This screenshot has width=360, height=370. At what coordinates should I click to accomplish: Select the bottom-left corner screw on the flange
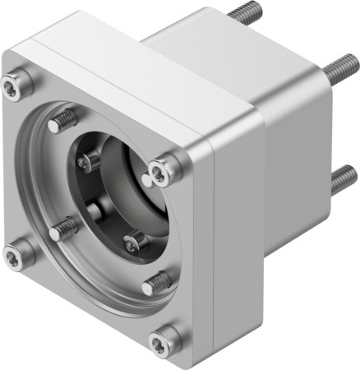click(14, 257)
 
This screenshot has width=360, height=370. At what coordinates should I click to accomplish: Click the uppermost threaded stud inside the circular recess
click(62, 122)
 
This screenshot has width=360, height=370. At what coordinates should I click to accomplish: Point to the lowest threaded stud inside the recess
click(155, 284)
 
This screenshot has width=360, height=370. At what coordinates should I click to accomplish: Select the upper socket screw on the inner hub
click(87, 164)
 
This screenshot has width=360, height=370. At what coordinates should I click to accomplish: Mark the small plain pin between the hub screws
click(96, 210)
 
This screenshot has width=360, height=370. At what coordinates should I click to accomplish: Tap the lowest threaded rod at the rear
click(343, 178)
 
